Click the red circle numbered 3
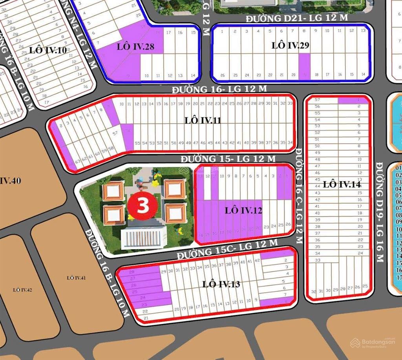(x=143, y=206)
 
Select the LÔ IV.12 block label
(x=243, y=210)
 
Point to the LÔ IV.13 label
(x=221, y=284)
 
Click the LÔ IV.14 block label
(x=342, y=184)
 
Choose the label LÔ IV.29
(x=291, y=46)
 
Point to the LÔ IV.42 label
(x=22, y=290)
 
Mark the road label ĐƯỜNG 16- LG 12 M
(x=219, y=89)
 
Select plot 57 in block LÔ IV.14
(x=318, y=100)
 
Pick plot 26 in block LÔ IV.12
(x=289, y=225)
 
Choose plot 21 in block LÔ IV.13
(x=146, y=318)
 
